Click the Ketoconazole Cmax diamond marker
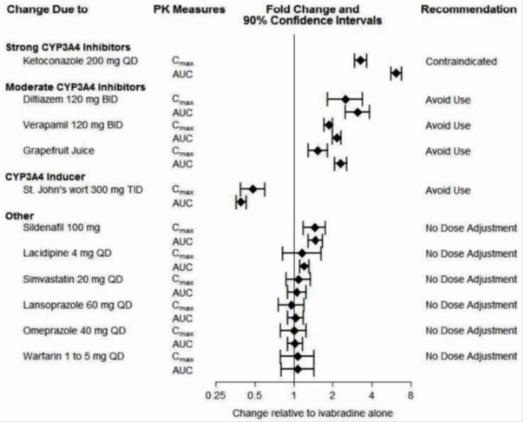pyautogui.click(x=360, y=60)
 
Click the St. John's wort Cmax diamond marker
pyautogui.click(x=253, y=188)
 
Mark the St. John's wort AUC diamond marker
pyautogui.click(x=241, y=201)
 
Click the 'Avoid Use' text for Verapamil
pyautogui.click(x=448, y=125)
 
